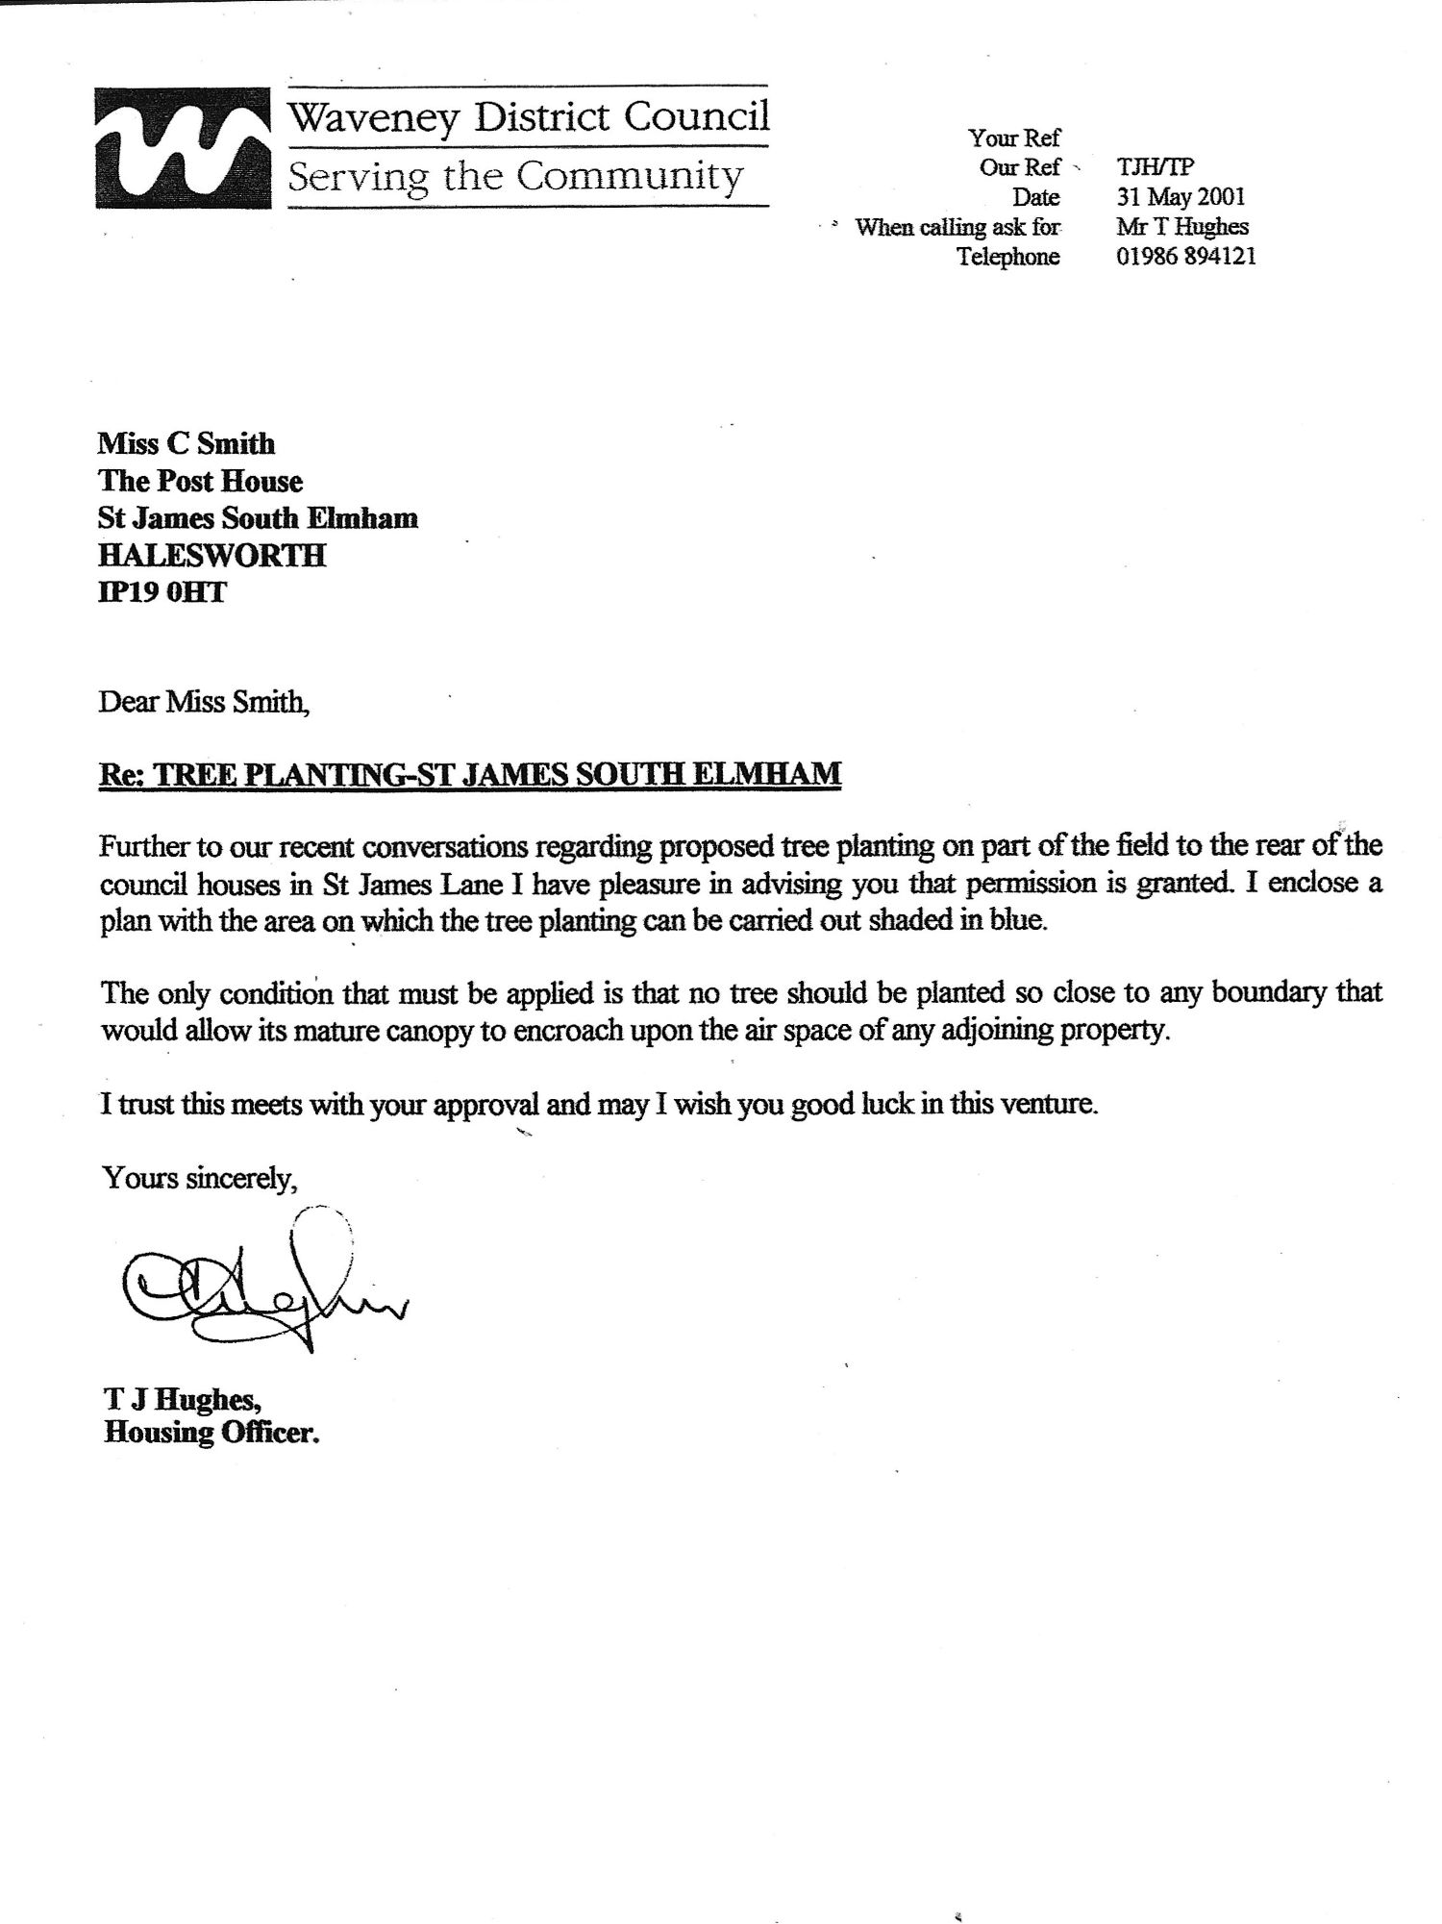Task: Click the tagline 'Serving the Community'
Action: (x=515, y=177)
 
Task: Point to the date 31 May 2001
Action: (x=1181, y=197)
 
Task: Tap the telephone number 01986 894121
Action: (x=1185, y=257)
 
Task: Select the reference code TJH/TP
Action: (x=1155, y=167)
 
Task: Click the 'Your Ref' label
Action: (x=1013, y=138)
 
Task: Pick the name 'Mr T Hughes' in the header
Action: (x=1181, y=227)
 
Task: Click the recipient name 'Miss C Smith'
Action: (x=186, y=443)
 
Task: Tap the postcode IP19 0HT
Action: (x=162, y=592)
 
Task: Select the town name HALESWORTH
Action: (x=211, y=556)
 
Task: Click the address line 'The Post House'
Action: (x=200, y=481)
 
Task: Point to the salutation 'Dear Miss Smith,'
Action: (x=205, y=702)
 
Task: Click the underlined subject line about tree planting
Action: (x=470, y=774)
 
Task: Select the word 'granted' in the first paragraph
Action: (x=1187, y=882)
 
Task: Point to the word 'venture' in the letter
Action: (x=1051, y=1104)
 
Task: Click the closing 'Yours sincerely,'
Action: (x=199, y=1177)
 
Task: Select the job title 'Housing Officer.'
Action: (x=211, y=1434)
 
